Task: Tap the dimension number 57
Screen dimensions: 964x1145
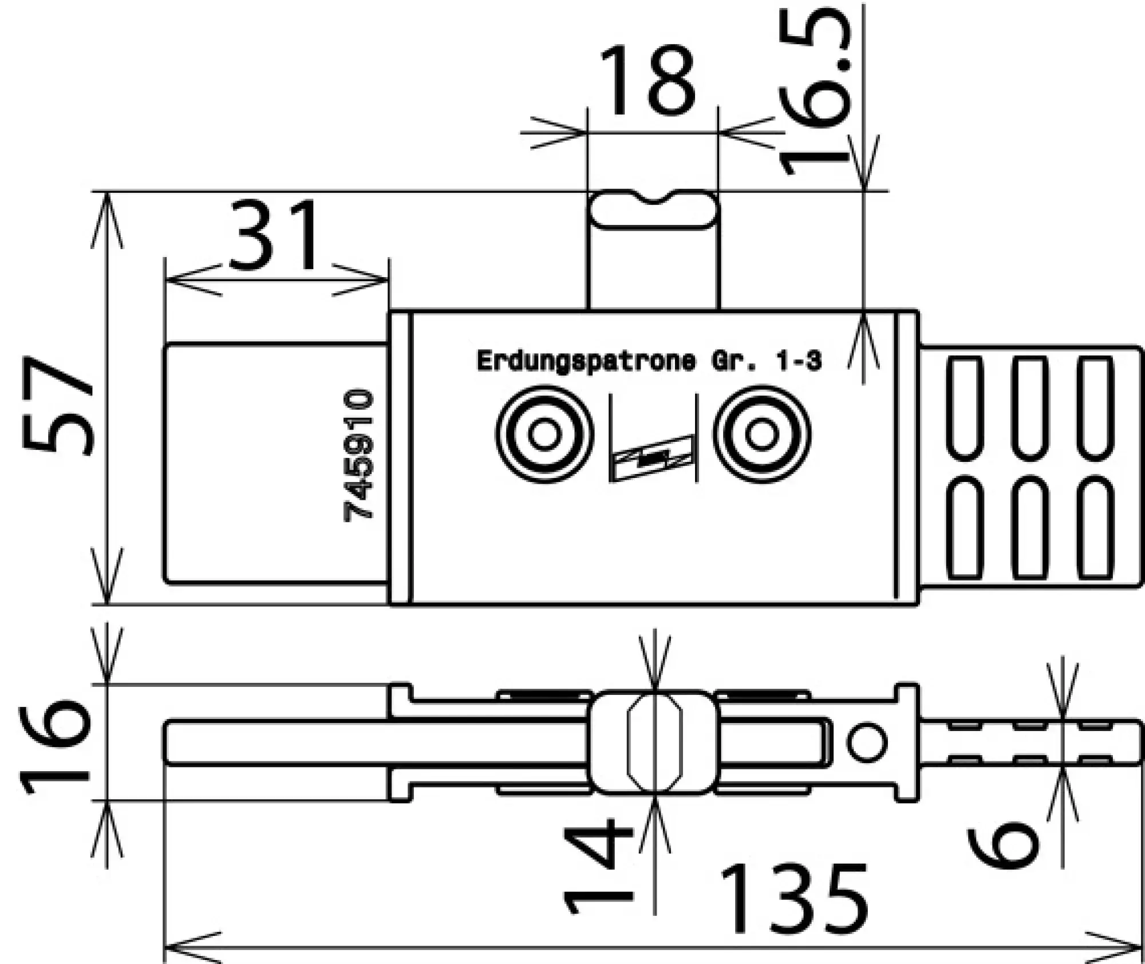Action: (x=57, y=405)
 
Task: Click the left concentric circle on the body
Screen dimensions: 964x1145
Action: (x=544, y=434)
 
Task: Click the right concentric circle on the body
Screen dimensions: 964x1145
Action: (x=761, y=434)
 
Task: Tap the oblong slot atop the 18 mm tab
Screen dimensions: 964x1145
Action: (x=653, y=211)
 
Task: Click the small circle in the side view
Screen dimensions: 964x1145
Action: (x=867, y=743)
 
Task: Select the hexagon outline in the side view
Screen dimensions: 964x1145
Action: (x=656, y=743)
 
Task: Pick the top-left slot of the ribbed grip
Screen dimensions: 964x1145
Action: (x=965, y=408)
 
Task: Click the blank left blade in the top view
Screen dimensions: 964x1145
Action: (x=275, y=464)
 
